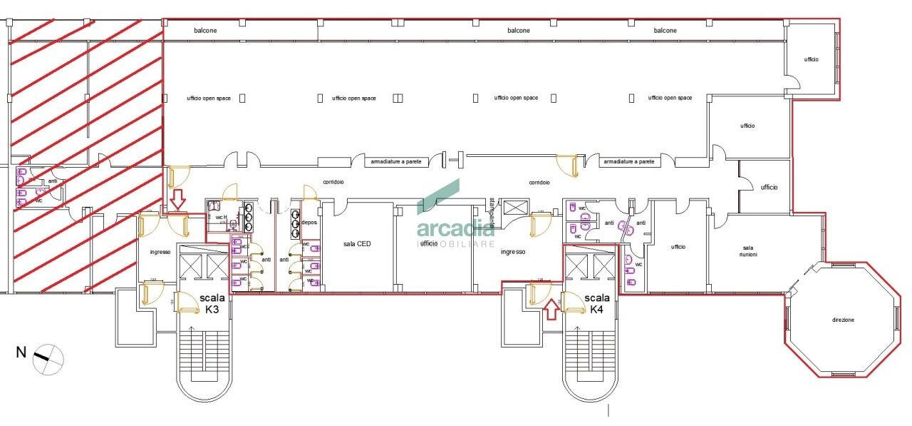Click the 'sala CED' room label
coord(357,244)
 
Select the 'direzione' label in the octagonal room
coord(841,320)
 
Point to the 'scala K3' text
coord(212,303)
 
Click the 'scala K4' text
coord(597,303)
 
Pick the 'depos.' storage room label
coord(309,223)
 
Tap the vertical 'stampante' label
coord(491,211)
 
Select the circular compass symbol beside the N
coord(48,358)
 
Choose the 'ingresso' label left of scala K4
coord(512,252)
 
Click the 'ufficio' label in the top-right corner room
coord(811,59)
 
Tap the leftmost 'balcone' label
coord(205,31)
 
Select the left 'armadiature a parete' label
coord(396,162)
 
